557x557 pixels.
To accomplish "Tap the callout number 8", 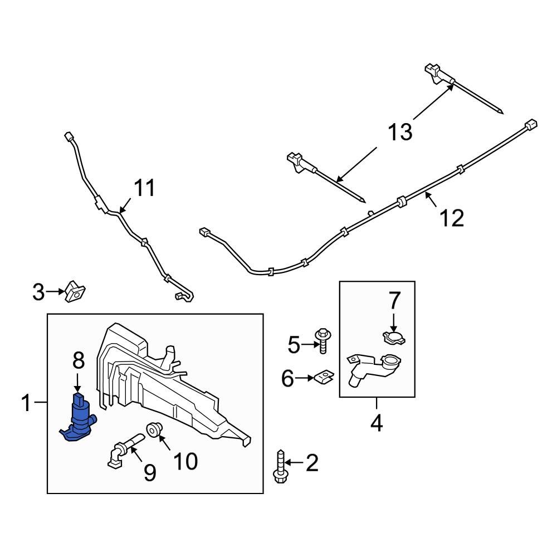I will (x=79, y=360).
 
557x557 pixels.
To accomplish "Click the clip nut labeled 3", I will (x=74, y=291).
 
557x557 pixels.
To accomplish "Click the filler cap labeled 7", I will (x=394, y=336).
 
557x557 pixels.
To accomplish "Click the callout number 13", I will (x=400, y=132).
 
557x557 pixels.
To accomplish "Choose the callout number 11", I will (x=144, y=189).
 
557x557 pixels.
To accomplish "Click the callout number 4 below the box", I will (x=377, y=424).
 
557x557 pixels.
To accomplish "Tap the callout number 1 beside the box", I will (x=26, y=403).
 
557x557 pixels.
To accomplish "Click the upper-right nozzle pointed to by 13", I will (x=437, y=74).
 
